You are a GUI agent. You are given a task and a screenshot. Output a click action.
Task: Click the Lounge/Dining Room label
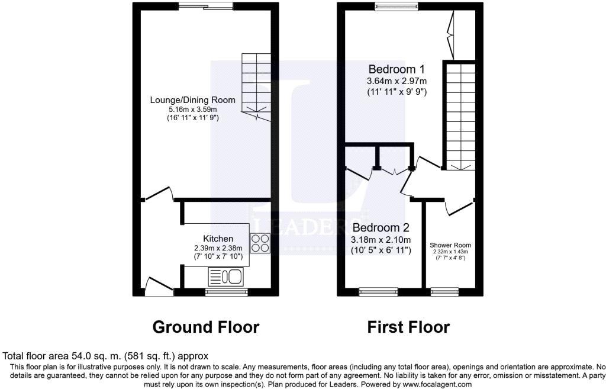[192, 99]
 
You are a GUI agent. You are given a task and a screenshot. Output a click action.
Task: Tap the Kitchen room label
[218, 239]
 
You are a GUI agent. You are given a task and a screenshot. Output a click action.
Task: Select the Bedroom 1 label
[397, 69]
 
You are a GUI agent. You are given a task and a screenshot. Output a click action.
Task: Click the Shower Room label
[450, 245]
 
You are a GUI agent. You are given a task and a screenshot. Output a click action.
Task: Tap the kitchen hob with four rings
[260, 243]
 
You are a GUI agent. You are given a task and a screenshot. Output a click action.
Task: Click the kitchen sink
[225, 277]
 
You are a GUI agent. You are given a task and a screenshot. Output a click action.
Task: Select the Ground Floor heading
[205, 327]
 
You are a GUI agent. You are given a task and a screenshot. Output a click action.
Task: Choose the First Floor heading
[408, 327]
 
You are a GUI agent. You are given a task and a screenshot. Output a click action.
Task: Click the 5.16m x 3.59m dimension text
[192, 110]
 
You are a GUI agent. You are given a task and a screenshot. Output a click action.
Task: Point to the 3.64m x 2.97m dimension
[397, 81]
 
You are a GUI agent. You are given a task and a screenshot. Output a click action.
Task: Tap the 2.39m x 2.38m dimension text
[218, 248]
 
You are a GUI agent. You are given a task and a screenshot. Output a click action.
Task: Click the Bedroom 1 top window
[397, 5]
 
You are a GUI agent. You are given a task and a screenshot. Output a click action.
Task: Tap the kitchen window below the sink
[226, 292]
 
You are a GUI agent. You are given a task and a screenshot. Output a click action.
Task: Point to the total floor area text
[105, 356]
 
